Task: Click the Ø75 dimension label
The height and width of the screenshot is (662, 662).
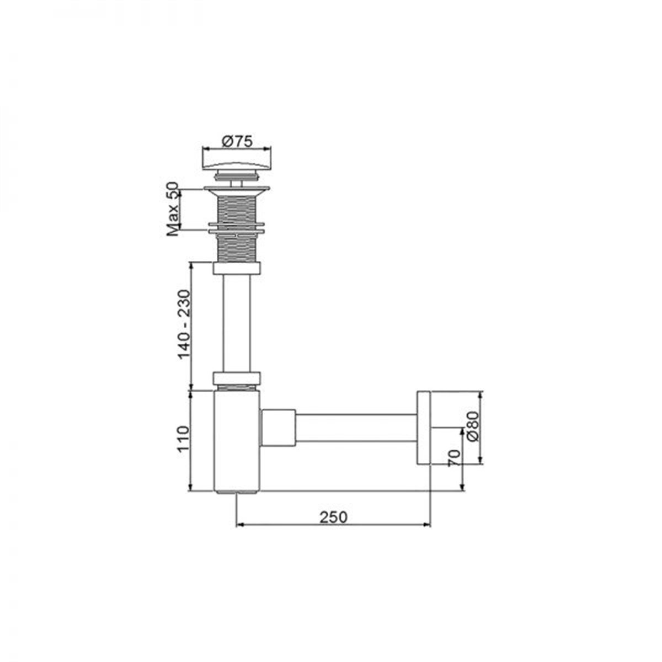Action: [x=237, y=141]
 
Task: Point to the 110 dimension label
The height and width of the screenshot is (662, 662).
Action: [x=184, y=439]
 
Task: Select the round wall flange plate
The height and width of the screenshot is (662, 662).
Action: [x=423, y=429]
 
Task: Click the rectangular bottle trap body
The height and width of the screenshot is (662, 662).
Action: [x=236, y=441]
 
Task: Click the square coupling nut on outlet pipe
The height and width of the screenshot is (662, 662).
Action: [x=279, y=428]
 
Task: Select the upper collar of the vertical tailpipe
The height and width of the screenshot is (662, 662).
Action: [x=236, y=269]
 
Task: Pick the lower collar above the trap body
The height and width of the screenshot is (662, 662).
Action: [x=236, y=378]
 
